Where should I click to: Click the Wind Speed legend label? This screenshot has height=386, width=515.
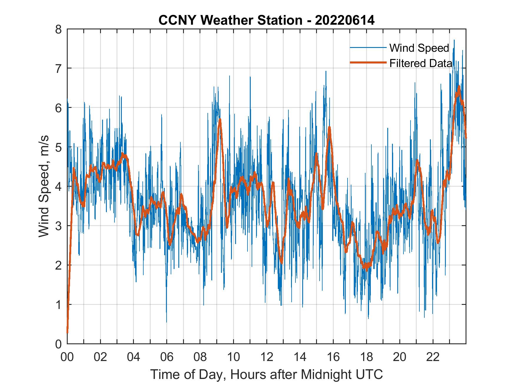[419, 48]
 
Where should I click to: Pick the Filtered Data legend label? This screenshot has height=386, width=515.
[421, 63]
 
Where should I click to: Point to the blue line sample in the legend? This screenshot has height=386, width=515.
[368, 48]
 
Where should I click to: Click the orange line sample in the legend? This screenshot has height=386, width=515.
[368, 63]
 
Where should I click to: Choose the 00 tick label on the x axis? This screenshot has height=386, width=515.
[67, 357]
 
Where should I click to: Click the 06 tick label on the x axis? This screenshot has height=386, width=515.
[167, 357]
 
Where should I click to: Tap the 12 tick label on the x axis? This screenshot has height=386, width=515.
[267, 357]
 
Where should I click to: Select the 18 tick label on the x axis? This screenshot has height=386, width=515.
[366, 357]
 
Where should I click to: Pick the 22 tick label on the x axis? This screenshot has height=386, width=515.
[433, 357]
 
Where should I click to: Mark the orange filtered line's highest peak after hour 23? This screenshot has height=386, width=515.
[458, 86]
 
